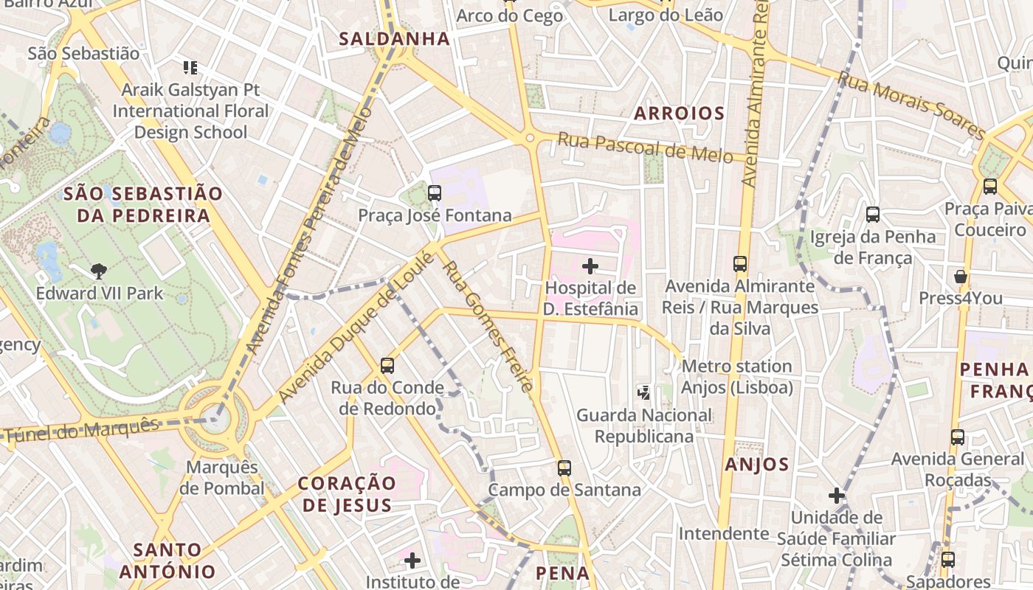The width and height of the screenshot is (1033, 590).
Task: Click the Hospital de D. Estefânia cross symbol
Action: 590,265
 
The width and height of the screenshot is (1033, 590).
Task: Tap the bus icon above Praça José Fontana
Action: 435,193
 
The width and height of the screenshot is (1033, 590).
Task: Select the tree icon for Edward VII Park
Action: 99,271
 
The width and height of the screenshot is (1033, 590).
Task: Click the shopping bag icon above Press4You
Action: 960,277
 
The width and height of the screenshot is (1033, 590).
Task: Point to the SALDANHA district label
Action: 394,39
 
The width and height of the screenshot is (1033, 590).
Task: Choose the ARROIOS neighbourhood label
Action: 679,114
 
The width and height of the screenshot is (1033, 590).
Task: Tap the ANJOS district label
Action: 756,465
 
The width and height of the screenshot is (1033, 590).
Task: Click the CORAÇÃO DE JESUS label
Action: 347,494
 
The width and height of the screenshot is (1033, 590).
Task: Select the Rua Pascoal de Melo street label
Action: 645,147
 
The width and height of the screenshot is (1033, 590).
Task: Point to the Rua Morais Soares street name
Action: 912,105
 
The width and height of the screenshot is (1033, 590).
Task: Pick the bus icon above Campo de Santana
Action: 564,468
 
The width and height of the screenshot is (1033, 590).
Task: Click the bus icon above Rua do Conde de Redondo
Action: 387,365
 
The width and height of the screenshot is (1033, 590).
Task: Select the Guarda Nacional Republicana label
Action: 644,426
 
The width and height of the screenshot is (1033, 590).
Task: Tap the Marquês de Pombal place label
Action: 222,478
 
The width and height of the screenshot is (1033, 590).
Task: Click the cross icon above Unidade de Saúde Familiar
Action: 836,495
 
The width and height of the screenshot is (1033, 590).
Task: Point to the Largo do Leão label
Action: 666,15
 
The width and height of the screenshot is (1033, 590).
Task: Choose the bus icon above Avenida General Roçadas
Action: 958,437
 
